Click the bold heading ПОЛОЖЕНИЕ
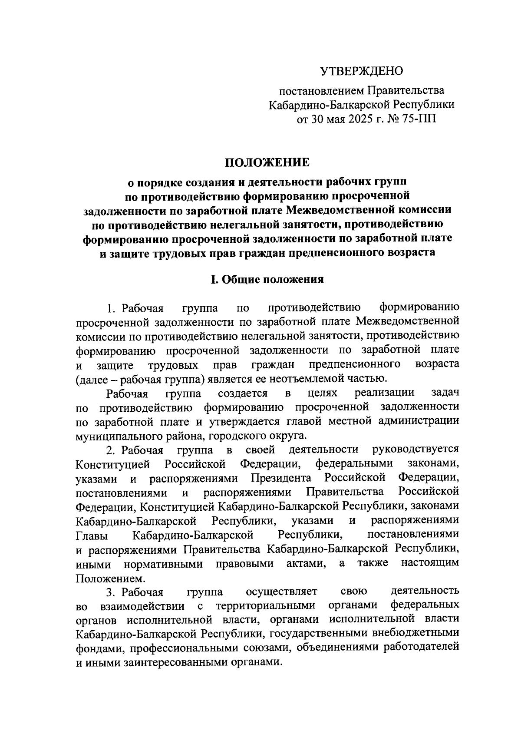click(x=267, y=163)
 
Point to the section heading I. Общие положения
click(x=267, y=280)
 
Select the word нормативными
click(x=163, y=564)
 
